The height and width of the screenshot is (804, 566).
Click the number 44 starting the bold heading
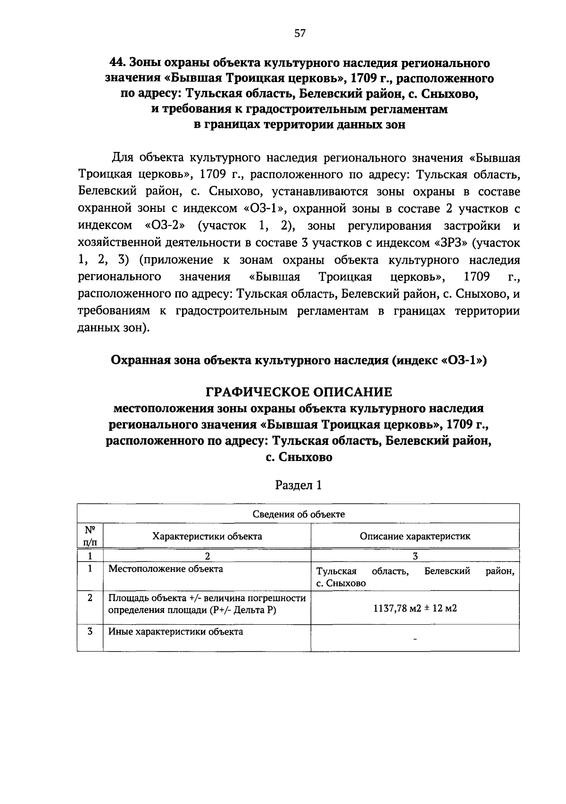[x=116, y=63]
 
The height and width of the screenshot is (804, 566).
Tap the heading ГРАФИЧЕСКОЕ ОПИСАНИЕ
[x=299, y=392]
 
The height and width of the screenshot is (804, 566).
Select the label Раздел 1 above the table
[x=299, y=485]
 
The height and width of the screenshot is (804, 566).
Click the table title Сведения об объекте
[x=298, y=514]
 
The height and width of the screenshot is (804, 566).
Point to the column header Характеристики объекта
[x=207, y=536]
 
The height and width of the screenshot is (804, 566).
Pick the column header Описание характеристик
[x=415, y=536]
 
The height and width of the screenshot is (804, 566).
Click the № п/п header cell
[x=90, y=536]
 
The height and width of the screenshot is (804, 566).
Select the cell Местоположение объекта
[x=166, y=569]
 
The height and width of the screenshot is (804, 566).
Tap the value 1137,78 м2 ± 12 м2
[x=415, y=608]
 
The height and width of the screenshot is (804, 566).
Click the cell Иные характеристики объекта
[x=176, y=631]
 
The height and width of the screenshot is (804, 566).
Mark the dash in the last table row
[x=415, y=639]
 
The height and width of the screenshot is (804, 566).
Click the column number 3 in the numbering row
[x=415, y=556]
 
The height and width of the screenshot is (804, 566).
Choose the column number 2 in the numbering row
[x=207, y=556]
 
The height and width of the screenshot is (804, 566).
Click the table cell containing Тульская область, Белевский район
[x=415, y=577]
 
